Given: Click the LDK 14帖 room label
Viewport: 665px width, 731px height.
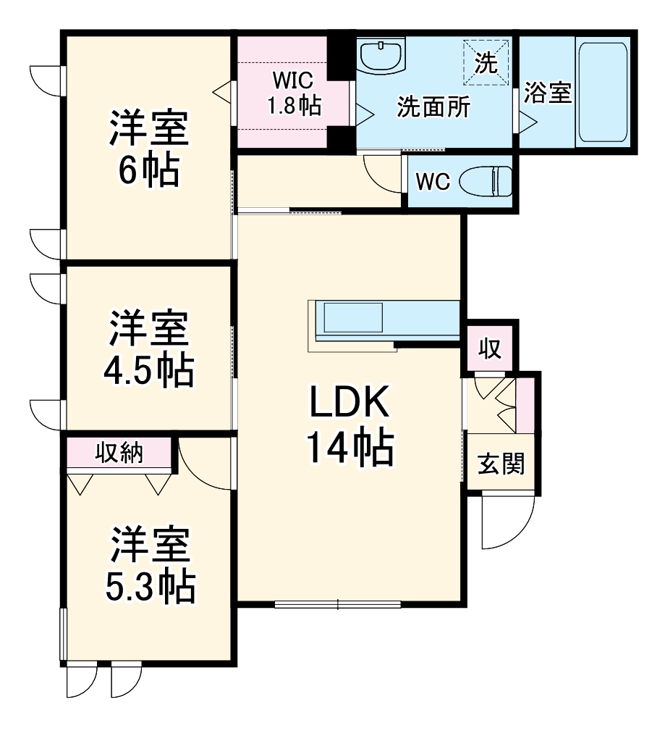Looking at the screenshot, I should coord(351,427).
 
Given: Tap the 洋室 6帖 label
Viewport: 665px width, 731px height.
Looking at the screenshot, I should coord(149,149).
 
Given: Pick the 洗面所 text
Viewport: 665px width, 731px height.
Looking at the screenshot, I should coord(433,107).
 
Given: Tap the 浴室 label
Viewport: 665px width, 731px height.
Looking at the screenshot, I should coord(548,93).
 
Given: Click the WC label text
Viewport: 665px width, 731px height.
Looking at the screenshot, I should coord(433,181).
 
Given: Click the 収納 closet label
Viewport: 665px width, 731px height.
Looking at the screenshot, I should coord(119,454).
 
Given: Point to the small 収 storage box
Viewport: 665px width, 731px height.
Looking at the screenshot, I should coord(490,348).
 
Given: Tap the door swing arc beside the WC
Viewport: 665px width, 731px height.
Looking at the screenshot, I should coord(382,174).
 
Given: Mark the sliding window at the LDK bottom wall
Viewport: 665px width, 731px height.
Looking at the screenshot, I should coord(338,603).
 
